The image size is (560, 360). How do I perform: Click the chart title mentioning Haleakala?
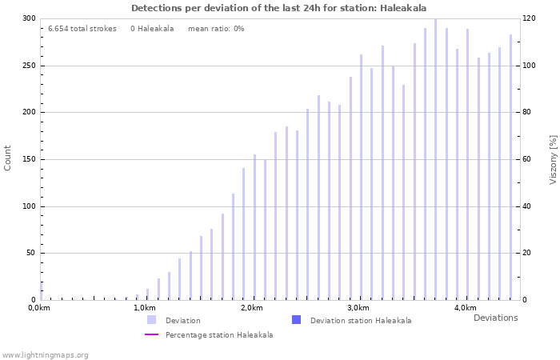[x=278, y=8]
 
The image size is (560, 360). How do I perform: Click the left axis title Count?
[x=8, y=158]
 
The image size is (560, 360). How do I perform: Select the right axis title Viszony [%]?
[x=553, y=159]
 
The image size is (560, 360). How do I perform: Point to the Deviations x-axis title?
[x=495, y=318]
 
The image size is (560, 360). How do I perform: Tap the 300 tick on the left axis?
[x=29, y=18]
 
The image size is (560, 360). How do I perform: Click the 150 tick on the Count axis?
[x=29, y=159]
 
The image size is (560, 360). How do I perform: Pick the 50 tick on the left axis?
[x=31, y=254]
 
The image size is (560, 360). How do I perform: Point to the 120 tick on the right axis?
[x=528, y=18]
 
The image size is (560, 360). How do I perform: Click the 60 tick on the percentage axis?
[x=526, y=159]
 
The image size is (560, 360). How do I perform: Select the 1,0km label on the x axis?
[x=144, y=308]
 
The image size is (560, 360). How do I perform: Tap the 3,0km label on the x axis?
[x=358, y=308]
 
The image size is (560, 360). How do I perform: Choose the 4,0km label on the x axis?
[x=465, y=308]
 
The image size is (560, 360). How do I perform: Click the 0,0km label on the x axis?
[x=39, y=308]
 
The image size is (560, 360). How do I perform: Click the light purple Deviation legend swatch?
[x=151, y=320]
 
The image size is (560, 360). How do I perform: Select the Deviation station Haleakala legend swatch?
[x=296, y=320]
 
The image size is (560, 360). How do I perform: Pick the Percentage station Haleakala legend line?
[x=151, y=334]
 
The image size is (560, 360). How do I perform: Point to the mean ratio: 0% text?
[x=216, y=29]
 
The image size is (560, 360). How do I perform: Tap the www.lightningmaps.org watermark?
[x=45, y=354]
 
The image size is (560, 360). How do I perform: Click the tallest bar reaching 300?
[x=435, y=160]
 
